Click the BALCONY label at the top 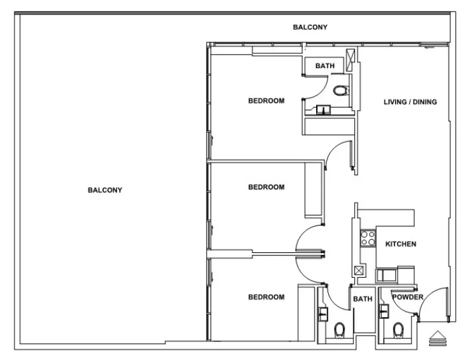point(310,27)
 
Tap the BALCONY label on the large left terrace point(105,190)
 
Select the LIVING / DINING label point(410,101)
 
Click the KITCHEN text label point(401,244)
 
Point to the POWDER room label point(407,298)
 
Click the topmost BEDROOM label point(266,101)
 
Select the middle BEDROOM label point(266,187)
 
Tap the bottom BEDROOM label point(266,298)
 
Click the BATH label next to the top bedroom point(324,66)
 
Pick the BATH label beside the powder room point(362,299)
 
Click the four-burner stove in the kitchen point(368,238)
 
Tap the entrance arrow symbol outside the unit point(438,338)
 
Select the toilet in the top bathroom point(341,90)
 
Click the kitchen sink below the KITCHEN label point(386,275)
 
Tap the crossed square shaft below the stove point(359,270)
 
